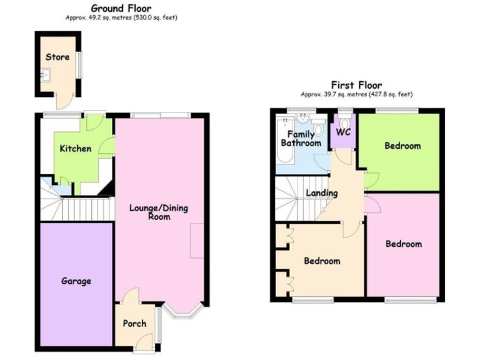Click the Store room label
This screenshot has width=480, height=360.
point(57,57)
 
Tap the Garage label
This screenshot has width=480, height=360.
point(76,281)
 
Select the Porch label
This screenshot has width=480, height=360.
point(134,323)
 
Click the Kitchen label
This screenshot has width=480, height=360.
point(76,149)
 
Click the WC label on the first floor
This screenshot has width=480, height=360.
point(343,132)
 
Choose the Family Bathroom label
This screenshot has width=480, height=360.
point(301,139)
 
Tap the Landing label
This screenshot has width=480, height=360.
point(321,193)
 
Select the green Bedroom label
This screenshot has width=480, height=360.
point(402,146)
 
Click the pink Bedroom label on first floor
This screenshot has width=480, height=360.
point(403,244)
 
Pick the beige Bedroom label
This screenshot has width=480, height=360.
point(322,261)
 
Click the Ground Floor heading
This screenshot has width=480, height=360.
point(122,8)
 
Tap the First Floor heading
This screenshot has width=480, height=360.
point(356,85)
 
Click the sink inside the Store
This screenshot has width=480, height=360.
point(44,76)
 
